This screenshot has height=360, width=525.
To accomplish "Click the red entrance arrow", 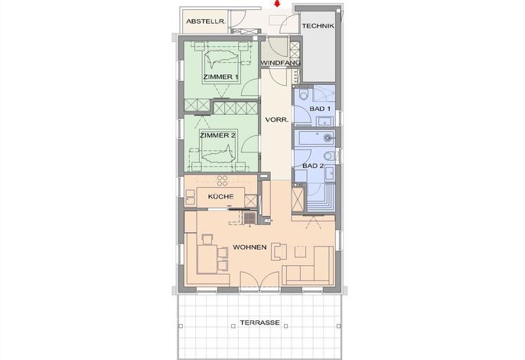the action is coord(277,4).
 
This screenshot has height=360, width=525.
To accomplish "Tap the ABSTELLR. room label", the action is coord(206,21).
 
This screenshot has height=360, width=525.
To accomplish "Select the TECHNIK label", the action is coord(318,26).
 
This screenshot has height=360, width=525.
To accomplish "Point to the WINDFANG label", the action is coord(280,63).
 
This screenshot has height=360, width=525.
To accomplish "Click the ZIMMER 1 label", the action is coord(220,77).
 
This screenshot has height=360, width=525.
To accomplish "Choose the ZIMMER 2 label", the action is coord(217,136).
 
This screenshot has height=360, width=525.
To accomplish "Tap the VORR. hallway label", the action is coord(277,119).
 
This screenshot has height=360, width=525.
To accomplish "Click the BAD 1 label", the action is coord(320,109).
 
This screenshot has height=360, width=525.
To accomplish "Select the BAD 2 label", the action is coord(313,165).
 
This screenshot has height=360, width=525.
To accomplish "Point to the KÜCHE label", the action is coord(220,196).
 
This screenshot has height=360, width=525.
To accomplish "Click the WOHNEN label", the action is coord(249,247).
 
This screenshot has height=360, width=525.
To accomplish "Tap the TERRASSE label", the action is coord(260,322).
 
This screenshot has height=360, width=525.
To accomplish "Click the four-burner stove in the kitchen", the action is coord(222,180).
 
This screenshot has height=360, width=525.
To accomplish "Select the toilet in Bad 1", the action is coord(304,94).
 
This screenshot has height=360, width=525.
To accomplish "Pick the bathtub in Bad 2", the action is coord(315,137).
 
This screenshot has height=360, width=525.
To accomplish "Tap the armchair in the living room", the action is coord(279,251).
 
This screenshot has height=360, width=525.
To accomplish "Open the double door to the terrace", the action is coord(259,281).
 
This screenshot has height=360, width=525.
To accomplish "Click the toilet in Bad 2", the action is coord(329,155).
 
